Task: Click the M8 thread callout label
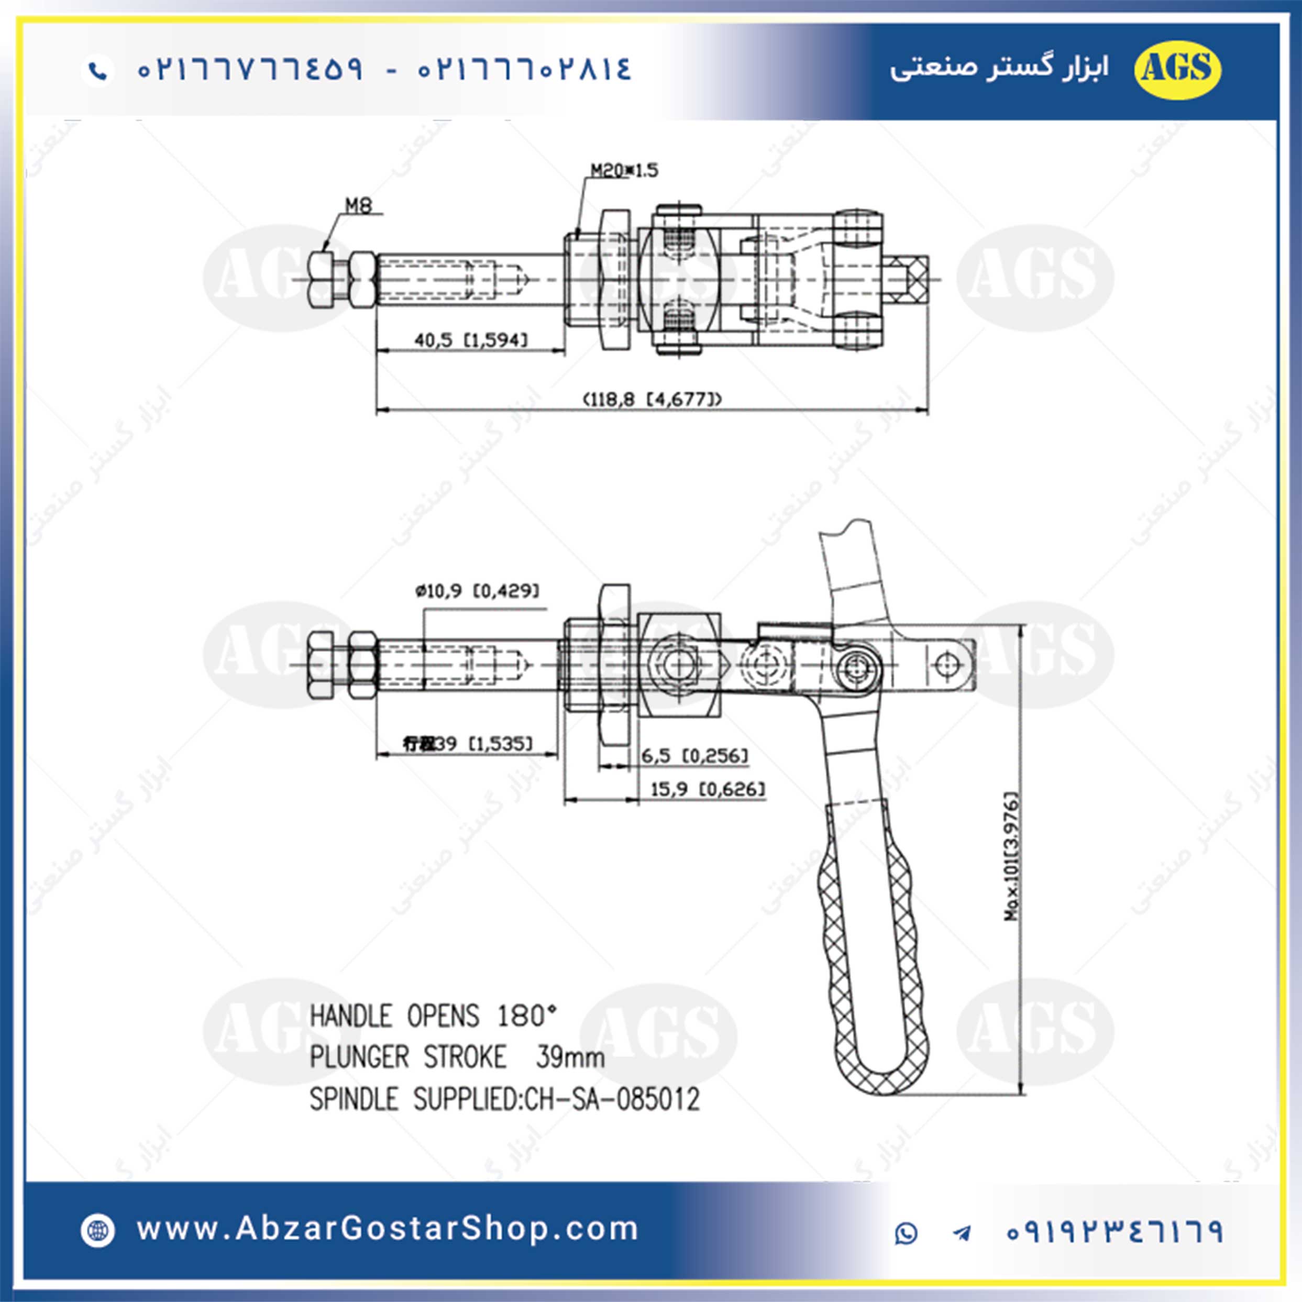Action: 359,205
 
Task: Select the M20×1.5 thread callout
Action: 624,171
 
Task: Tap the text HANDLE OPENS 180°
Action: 433,1016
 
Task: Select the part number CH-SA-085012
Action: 612,1099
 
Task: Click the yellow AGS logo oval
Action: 1177,69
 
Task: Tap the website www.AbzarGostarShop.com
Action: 388,1229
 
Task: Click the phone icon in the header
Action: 98,70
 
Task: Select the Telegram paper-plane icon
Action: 962,1233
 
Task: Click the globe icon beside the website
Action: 98,1230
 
